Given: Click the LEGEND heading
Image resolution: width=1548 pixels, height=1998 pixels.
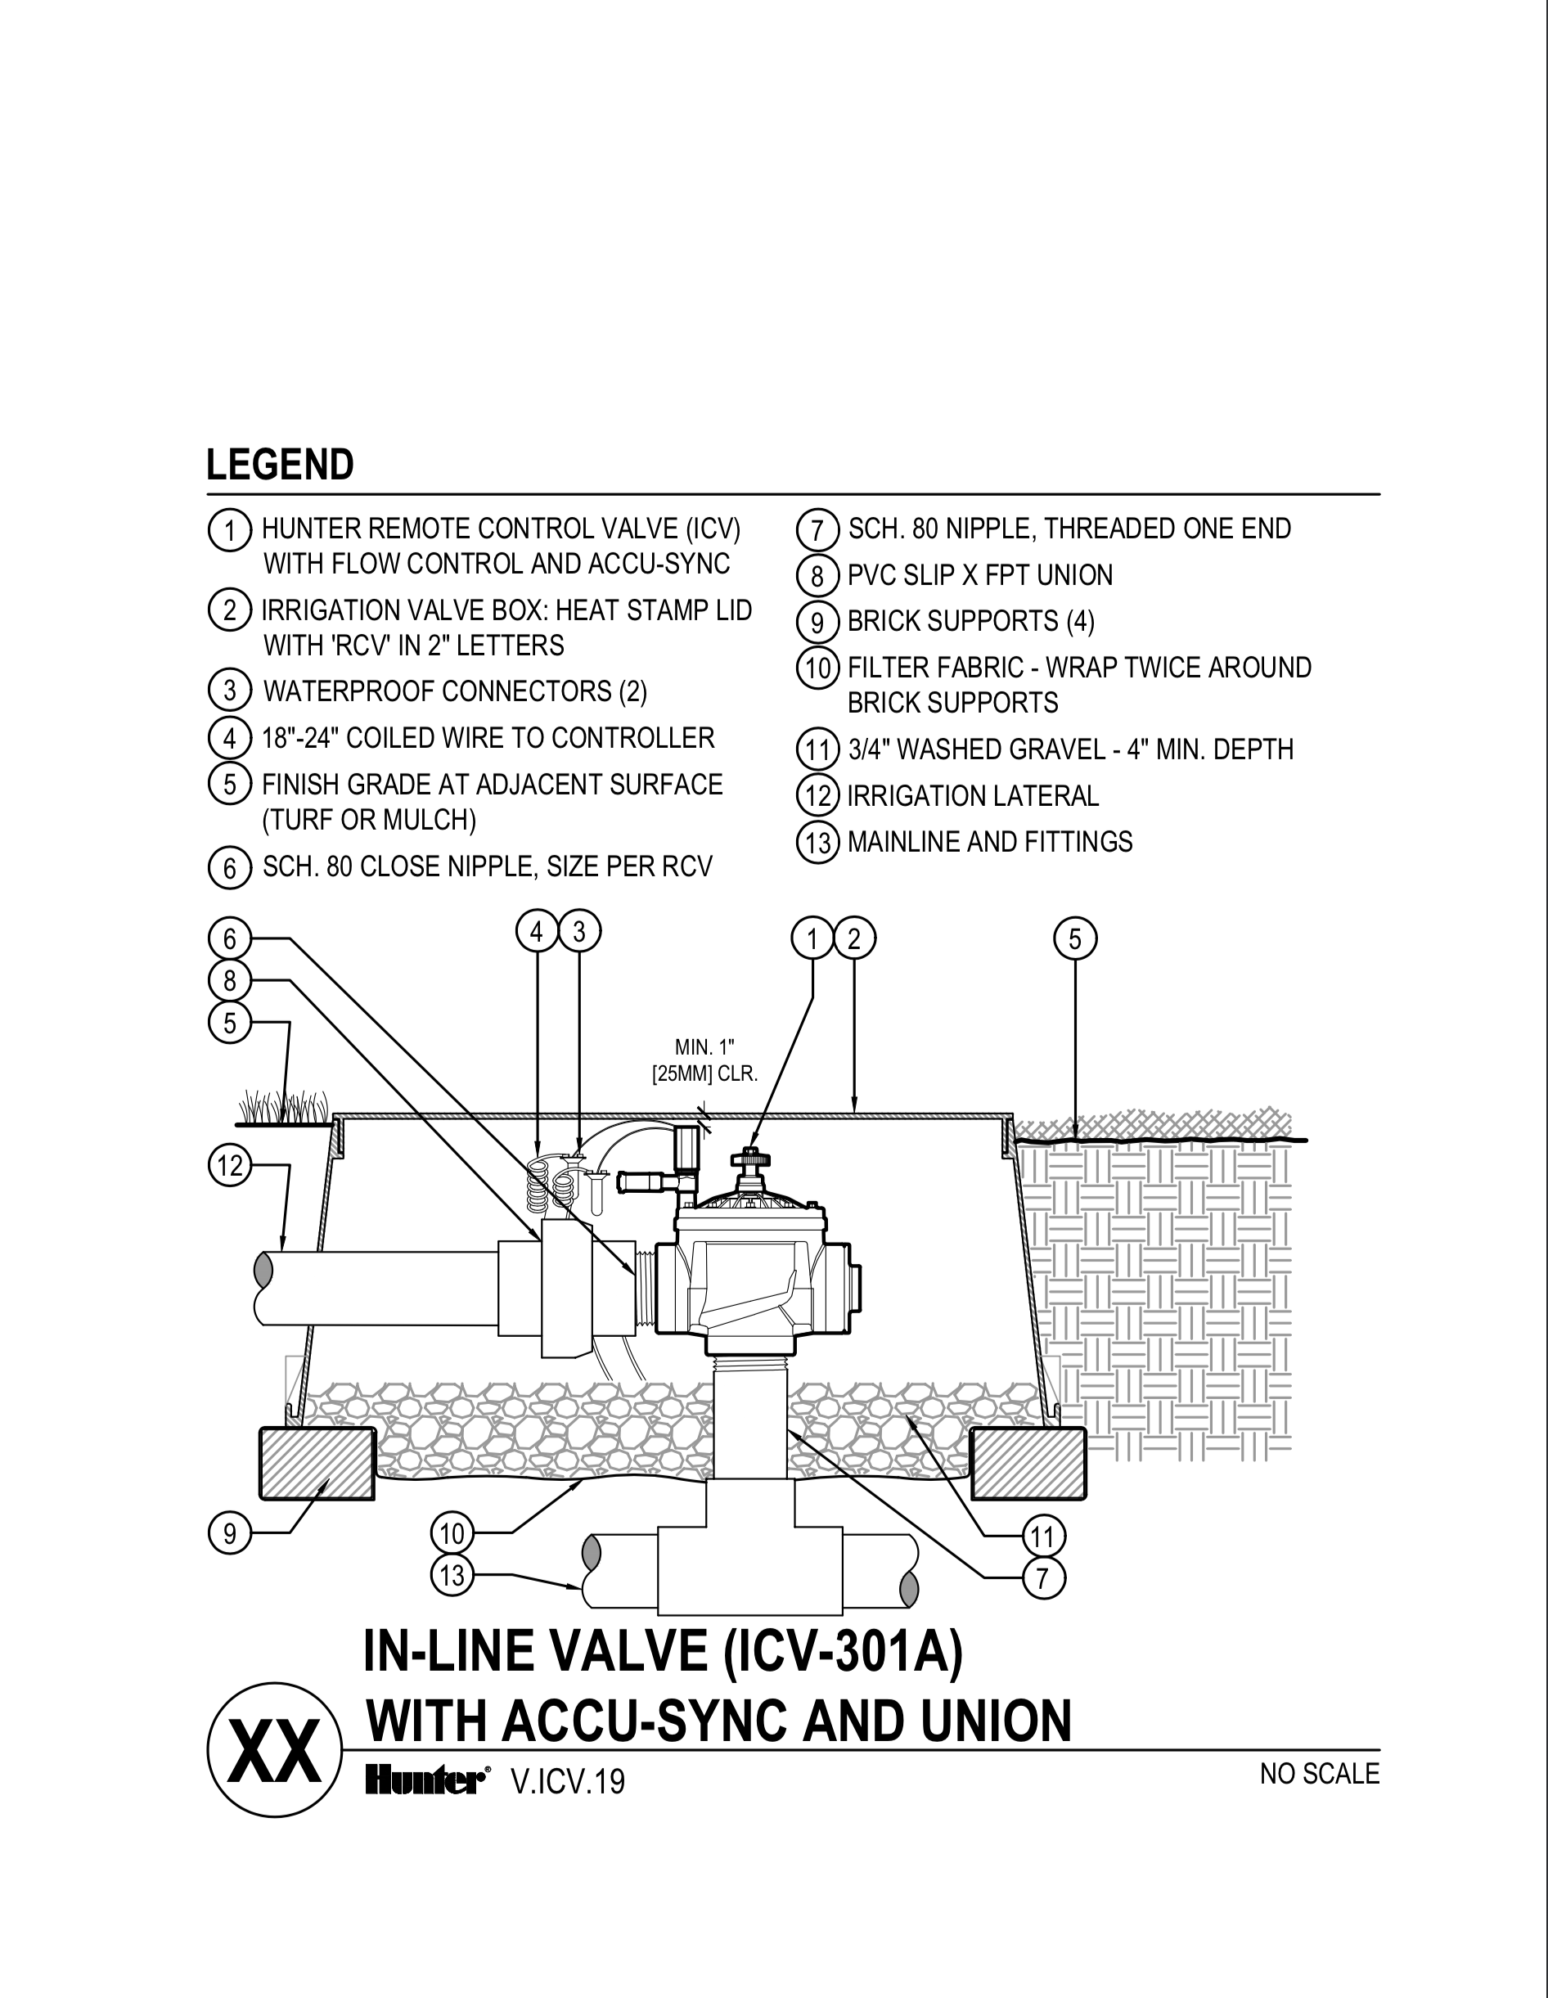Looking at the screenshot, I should pos(280,466).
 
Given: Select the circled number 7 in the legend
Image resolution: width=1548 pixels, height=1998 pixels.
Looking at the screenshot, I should pos(817,531).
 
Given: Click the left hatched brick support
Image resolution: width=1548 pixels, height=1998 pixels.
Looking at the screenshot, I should pos(317,1463).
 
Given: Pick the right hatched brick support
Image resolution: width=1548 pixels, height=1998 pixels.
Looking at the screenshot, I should pos(1028,1463).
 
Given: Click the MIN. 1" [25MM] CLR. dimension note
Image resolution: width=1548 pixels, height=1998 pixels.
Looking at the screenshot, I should pos(704,1060).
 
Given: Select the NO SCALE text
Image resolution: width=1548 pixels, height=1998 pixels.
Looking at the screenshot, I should pos(1318,1774).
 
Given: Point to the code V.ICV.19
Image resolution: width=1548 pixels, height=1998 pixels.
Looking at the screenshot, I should pos(568,1781).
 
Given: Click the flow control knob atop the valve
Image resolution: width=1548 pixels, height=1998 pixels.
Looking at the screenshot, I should pos(750,1160).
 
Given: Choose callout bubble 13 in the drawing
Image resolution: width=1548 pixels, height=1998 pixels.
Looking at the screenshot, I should pos(452,1574).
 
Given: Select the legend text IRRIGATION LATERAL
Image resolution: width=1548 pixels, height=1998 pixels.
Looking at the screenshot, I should pos(973,796).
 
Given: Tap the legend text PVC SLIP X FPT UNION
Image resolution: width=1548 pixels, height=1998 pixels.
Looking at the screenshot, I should pos(980,575).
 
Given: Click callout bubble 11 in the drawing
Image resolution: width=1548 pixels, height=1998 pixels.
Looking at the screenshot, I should pos(1043,1536).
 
